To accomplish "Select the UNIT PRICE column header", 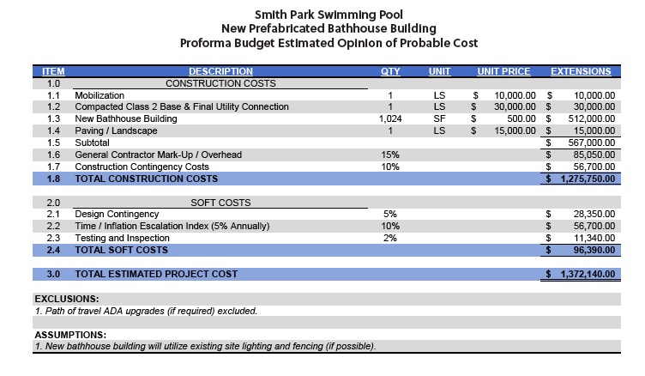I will (x=503, y=71).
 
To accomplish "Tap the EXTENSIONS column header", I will (x=581, y=71).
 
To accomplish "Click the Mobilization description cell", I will (x=99, y=95).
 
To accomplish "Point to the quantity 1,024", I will (x=390, y=118).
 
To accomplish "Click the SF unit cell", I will (x=439, y=118).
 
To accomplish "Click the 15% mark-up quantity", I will (x=390, y=155).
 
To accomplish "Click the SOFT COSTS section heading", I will (x=220, y=202).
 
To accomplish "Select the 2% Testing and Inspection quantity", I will (x=390, y=238).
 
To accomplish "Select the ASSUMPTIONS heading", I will (x=70, y=335).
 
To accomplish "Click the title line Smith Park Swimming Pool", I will (x=322, y=14).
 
